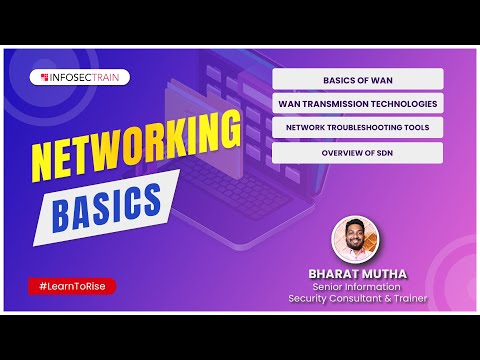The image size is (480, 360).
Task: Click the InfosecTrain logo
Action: pyautogui.click(x=80, y=76)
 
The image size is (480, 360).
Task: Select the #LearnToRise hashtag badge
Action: pyautogui.click(x=72, y=286)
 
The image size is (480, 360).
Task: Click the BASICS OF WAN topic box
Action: pyautogui.click(x=358, y=78)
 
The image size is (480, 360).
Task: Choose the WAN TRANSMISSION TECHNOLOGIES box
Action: pyautogui.click(x=358, y=103)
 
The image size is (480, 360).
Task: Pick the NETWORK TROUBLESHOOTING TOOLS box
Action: pyautogui.click(x=358, y=128)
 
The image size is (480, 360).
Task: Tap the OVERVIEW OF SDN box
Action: pyautogui.click(x=358, y=153)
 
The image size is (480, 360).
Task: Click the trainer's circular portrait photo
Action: pyautogui.click(x=357, y=239)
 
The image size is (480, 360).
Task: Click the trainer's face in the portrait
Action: pyautogui.click(x=355, y=234)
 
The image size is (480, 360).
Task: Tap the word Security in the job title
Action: pyautogui.click(x=308, y=298)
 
